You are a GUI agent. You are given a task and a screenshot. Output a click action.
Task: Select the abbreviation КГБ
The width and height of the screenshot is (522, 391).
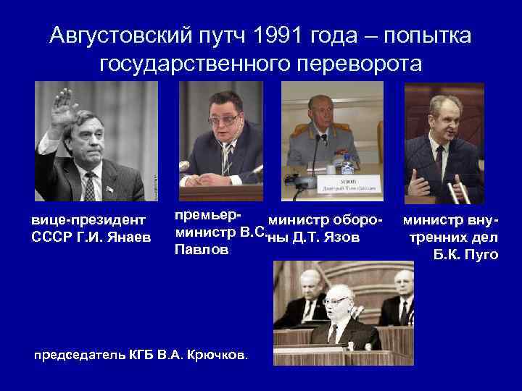click(x=137, y=355)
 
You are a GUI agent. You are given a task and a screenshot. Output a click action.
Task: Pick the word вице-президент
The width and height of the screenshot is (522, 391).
click(x=88, y=219)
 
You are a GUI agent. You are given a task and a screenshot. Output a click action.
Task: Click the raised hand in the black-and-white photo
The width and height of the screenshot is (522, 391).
click(x=65, y=109)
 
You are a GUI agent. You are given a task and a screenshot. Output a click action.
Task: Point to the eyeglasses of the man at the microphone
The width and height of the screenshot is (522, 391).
click(x=224, y=119)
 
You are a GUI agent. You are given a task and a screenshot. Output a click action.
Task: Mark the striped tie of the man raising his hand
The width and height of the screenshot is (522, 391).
click(x=90, y=188)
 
